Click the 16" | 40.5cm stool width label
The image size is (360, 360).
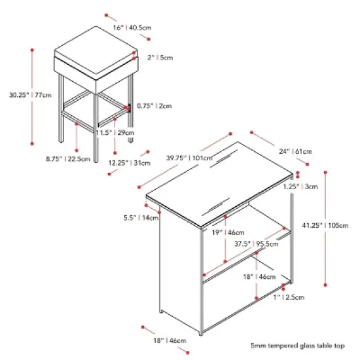(x=132, y=27)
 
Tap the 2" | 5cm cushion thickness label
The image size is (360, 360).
(x=160, y=58)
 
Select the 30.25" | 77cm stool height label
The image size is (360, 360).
(x=30, y=95)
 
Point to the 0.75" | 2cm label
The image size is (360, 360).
(x=154, y=106)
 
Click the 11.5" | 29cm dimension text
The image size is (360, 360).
(x=115, y=132)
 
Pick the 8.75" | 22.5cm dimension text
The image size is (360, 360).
(x=68, y=158)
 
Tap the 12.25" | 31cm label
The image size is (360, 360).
(x=130, y=163)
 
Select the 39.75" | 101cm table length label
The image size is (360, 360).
(x=189, y=158)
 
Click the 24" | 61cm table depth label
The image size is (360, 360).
(x=295, y=151)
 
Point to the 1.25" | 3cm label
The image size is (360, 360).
(x=300, y=187)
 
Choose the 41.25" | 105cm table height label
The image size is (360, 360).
(x=325, y=225)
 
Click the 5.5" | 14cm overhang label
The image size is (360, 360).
(x=141, y=217)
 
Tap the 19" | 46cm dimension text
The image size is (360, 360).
(x=228, y=232)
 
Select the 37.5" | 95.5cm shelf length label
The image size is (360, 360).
(x=256, y=243)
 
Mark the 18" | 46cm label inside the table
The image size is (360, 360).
(x=259, y=277)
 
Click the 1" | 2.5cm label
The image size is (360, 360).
(x=289, y=297)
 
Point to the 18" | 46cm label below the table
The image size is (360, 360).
(x=170, y=340)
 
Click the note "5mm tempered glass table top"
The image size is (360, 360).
(x=298, y=346)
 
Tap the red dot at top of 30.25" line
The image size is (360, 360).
(x=32, y=50)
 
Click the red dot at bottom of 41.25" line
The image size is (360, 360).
(x=325, y=285)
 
